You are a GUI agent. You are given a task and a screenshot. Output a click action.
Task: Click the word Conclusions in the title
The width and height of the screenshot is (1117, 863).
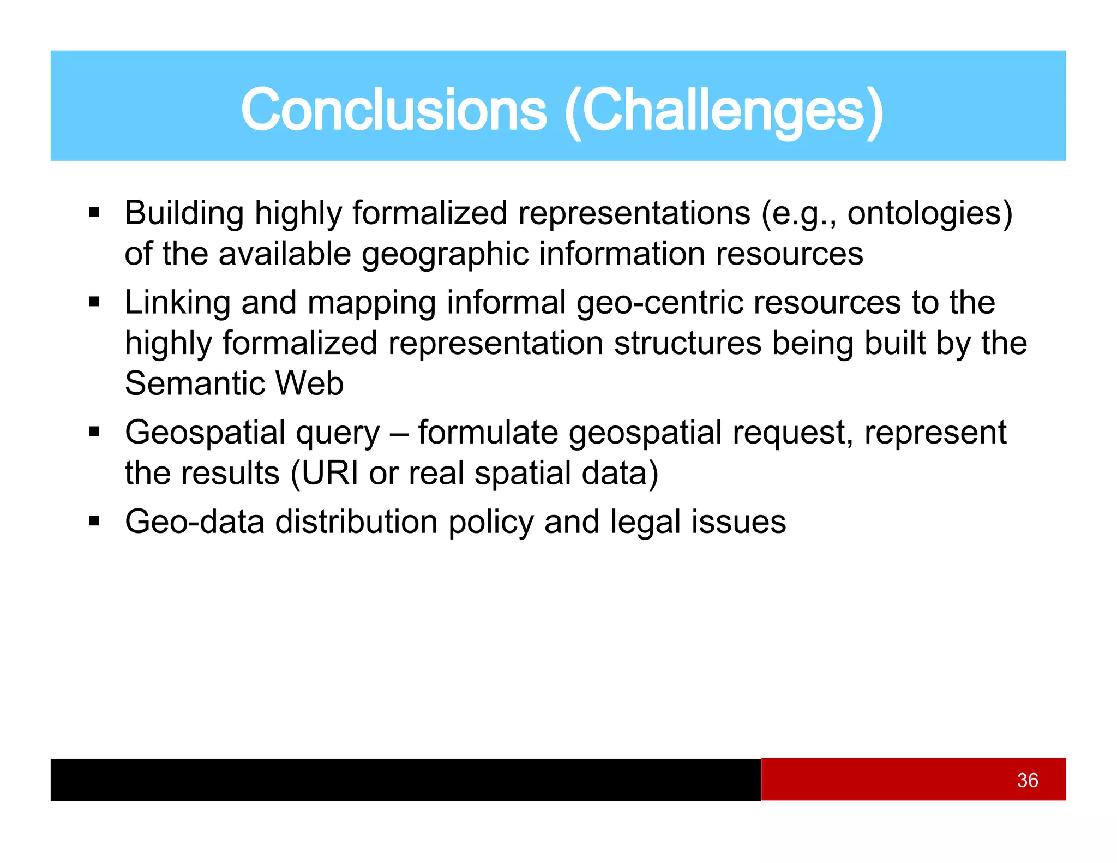[x=394, y=111]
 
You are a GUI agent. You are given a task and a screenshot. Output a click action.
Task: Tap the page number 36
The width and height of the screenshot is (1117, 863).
[x=1027, y=780]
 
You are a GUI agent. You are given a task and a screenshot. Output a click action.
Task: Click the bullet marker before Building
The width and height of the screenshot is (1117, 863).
[x=94, y=212]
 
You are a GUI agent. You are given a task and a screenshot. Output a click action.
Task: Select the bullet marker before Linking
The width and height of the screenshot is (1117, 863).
[x=94, y=302]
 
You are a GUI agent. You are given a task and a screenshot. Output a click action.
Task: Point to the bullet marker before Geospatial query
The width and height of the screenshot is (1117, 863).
[x=94, y=432]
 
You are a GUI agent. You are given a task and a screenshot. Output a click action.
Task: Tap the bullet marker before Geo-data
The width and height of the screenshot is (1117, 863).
[x=94, y=522]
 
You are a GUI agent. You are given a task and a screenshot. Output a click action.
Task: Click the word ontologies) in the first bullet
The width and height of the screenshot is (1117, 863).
[x=929, y=213]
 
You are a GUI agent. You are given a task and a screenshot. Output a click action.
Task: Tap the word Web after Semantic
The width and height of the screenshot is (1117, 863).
[x=309, y=383]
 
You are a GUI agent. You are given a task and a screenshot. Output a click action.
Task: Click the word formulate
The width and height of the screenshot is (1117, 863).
[x=488, y=433]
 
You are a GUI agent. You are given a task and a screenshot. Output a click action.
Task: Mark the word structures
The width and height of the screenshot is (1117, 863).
[x=687, y=343]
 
